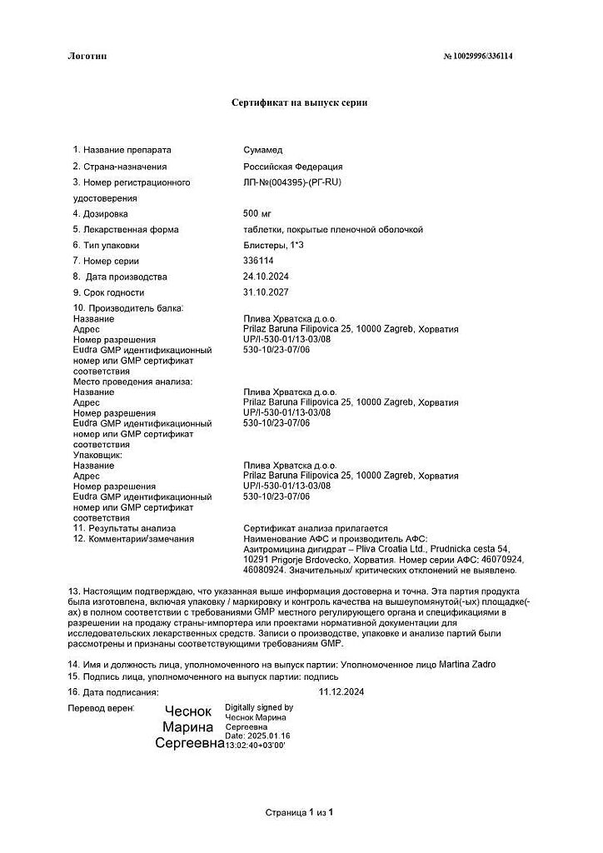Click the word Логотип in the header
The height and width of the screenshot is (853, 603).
click(x=87, y=56)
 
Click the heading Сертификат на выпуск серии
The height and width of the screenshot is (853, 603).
click(x=299, y=102)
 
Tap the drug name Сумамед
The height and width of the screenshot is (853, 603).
click(x=263, y=150)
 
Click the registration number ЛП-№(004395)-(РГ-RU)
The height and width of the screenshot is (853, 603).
click(x=291, y=182)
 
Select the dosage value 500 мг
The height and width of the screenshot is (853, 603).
click(x=258, y=213)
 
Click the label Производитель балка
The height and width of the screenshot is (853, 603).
click(x=133, y=308)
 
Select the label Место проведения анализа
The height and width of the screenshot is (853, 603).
click(x=133, y=381)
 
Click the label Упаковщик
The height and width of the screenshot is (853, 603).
click(x=98, y=455)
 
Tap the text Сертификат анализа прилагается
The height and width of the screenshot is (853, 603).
click(x=316, y=528)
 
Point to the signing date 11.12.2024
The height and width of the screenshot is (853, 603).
click(x=341, y=691)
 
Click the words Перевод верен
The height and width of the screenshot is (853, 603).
click(x=101, y=707)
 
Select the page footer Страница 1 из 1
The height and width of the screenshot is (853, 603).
click(x=299, y=811)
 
